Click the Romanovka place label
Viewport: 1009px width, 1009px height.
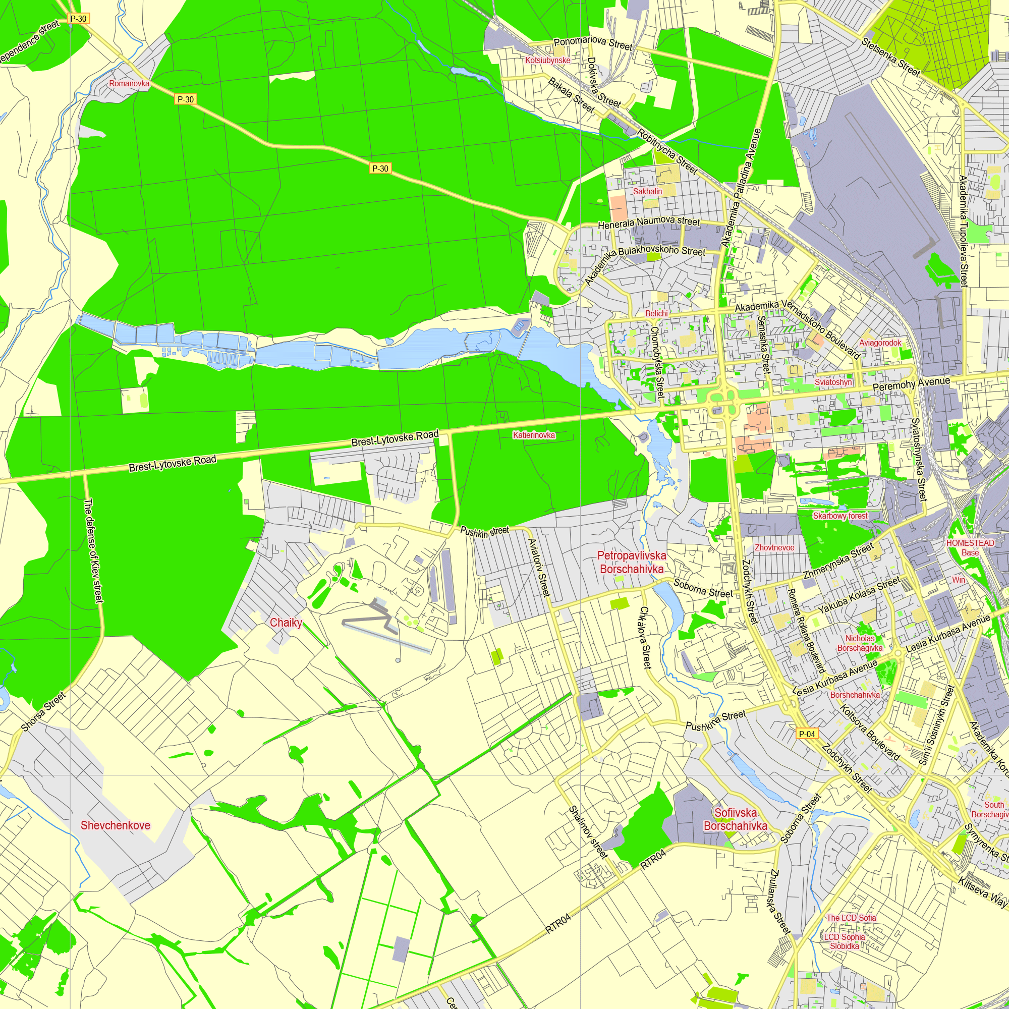(129, 84)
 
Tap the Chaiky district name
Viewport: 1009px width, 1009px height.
(286, 623)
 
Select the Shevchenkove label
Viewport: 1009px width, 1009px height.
(116, 825)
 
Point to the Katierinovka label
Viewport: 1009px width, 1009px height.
(534, 435)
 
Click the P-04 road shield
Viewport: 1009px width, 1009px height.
(806, 734)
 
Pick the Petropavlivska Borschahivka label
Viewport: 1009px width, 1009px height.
(632, 562)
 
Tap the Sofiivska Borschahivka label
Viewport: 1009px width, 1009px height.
(736, 819)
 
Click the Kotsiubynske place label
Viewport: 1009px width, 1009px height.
(548, 61)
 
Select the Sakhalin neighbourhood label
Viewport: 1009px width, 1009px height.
(648, 192)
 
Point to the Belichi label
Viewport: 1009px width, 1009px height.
(656, 313)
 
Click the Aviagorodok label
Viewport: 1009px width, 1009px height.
(880, 343)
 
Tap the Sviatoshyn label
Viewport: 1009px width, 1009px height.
(833, 382)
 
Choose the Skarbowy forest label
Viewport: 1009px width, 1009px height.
(840, 516)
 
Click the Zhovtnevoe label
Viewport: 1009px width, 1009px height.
(774, 547)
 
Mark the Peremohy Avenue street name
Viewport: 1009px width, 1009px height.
(911, 384)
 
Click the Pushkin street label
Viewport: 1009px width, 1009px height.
(484, 532)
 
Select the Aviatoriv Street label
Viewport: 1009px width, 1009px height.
(539, 568)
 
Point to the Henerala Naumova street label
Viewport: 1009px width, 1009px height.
(649, 223)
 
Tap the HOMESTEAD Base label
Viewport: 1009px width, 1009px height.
(970, 547)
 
